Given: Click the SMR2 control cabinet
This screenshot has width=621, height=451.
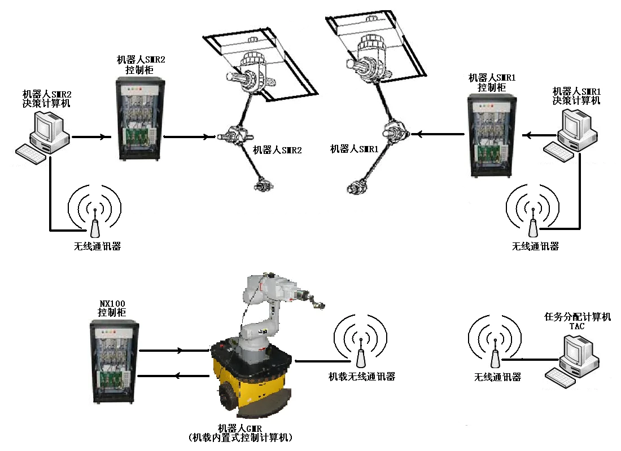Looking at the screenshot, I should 141,118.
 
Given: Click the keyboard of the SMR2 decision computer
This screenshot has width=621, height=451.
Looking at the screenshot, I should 32,153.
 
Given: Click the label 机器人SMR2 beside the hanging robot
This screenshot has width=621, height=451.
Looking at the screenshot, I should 277,151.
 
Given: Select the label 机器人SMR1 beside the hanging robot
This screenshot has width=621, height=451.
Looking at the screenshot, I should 354,149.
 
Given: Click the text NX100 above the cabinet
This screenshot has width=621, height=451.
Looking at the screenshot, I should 111,303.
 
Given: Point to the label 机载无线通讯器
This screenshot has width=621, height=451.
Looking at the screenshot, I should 362,377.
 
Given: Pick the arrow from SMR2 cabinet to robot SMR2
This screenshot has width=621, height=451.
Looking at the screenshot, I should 189,136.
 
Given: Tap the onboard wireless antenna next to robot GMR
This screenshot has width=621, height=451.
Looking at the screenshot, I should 360,356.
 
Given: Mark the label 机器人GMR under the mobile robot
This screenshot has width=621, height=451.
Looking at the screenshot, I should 241,428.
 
